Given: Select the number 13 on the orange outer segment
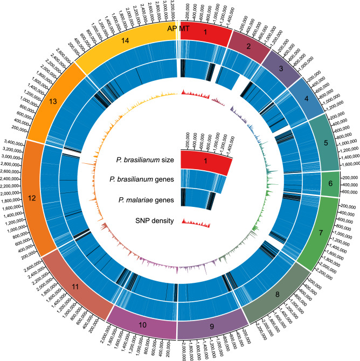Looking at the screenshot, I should [53, 101].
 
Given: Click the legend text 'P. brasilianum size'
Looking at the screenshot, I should [146, 159].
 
